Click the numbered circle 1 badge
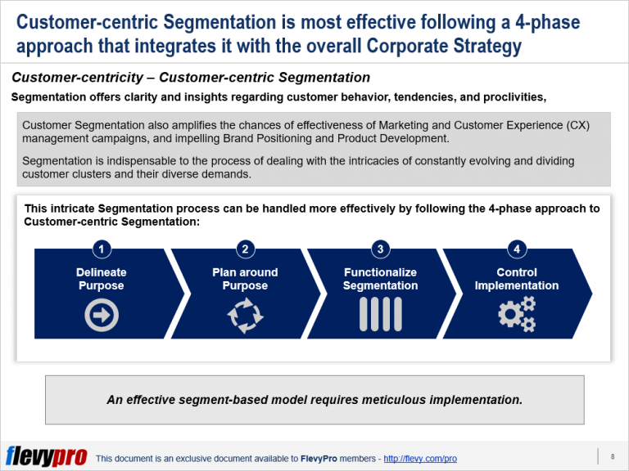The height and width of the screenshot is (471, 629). point(102,249)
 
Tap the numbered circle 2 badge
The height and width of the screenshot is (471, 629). point(245,249)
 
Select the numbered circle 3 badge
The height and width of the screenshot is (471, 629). point(380,249)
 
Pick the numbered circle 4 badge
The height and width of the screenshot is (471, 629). point(516,249)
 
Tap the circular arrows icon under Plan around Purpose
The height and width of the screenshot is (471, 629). point(245,316)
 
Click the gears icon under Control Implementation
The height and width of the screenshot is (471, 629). point(517,315)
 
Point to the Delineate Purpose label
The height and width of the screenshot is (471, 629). point(102,279)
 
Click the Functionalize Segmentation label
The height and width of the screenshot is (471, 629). point(380,279)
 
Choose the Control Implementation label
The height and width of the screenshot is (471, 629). point(517,279)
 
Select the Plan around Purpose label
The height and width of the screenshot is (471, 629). point(245,279)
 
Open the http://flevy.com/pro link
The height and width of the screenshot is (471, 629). point(419,459)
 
